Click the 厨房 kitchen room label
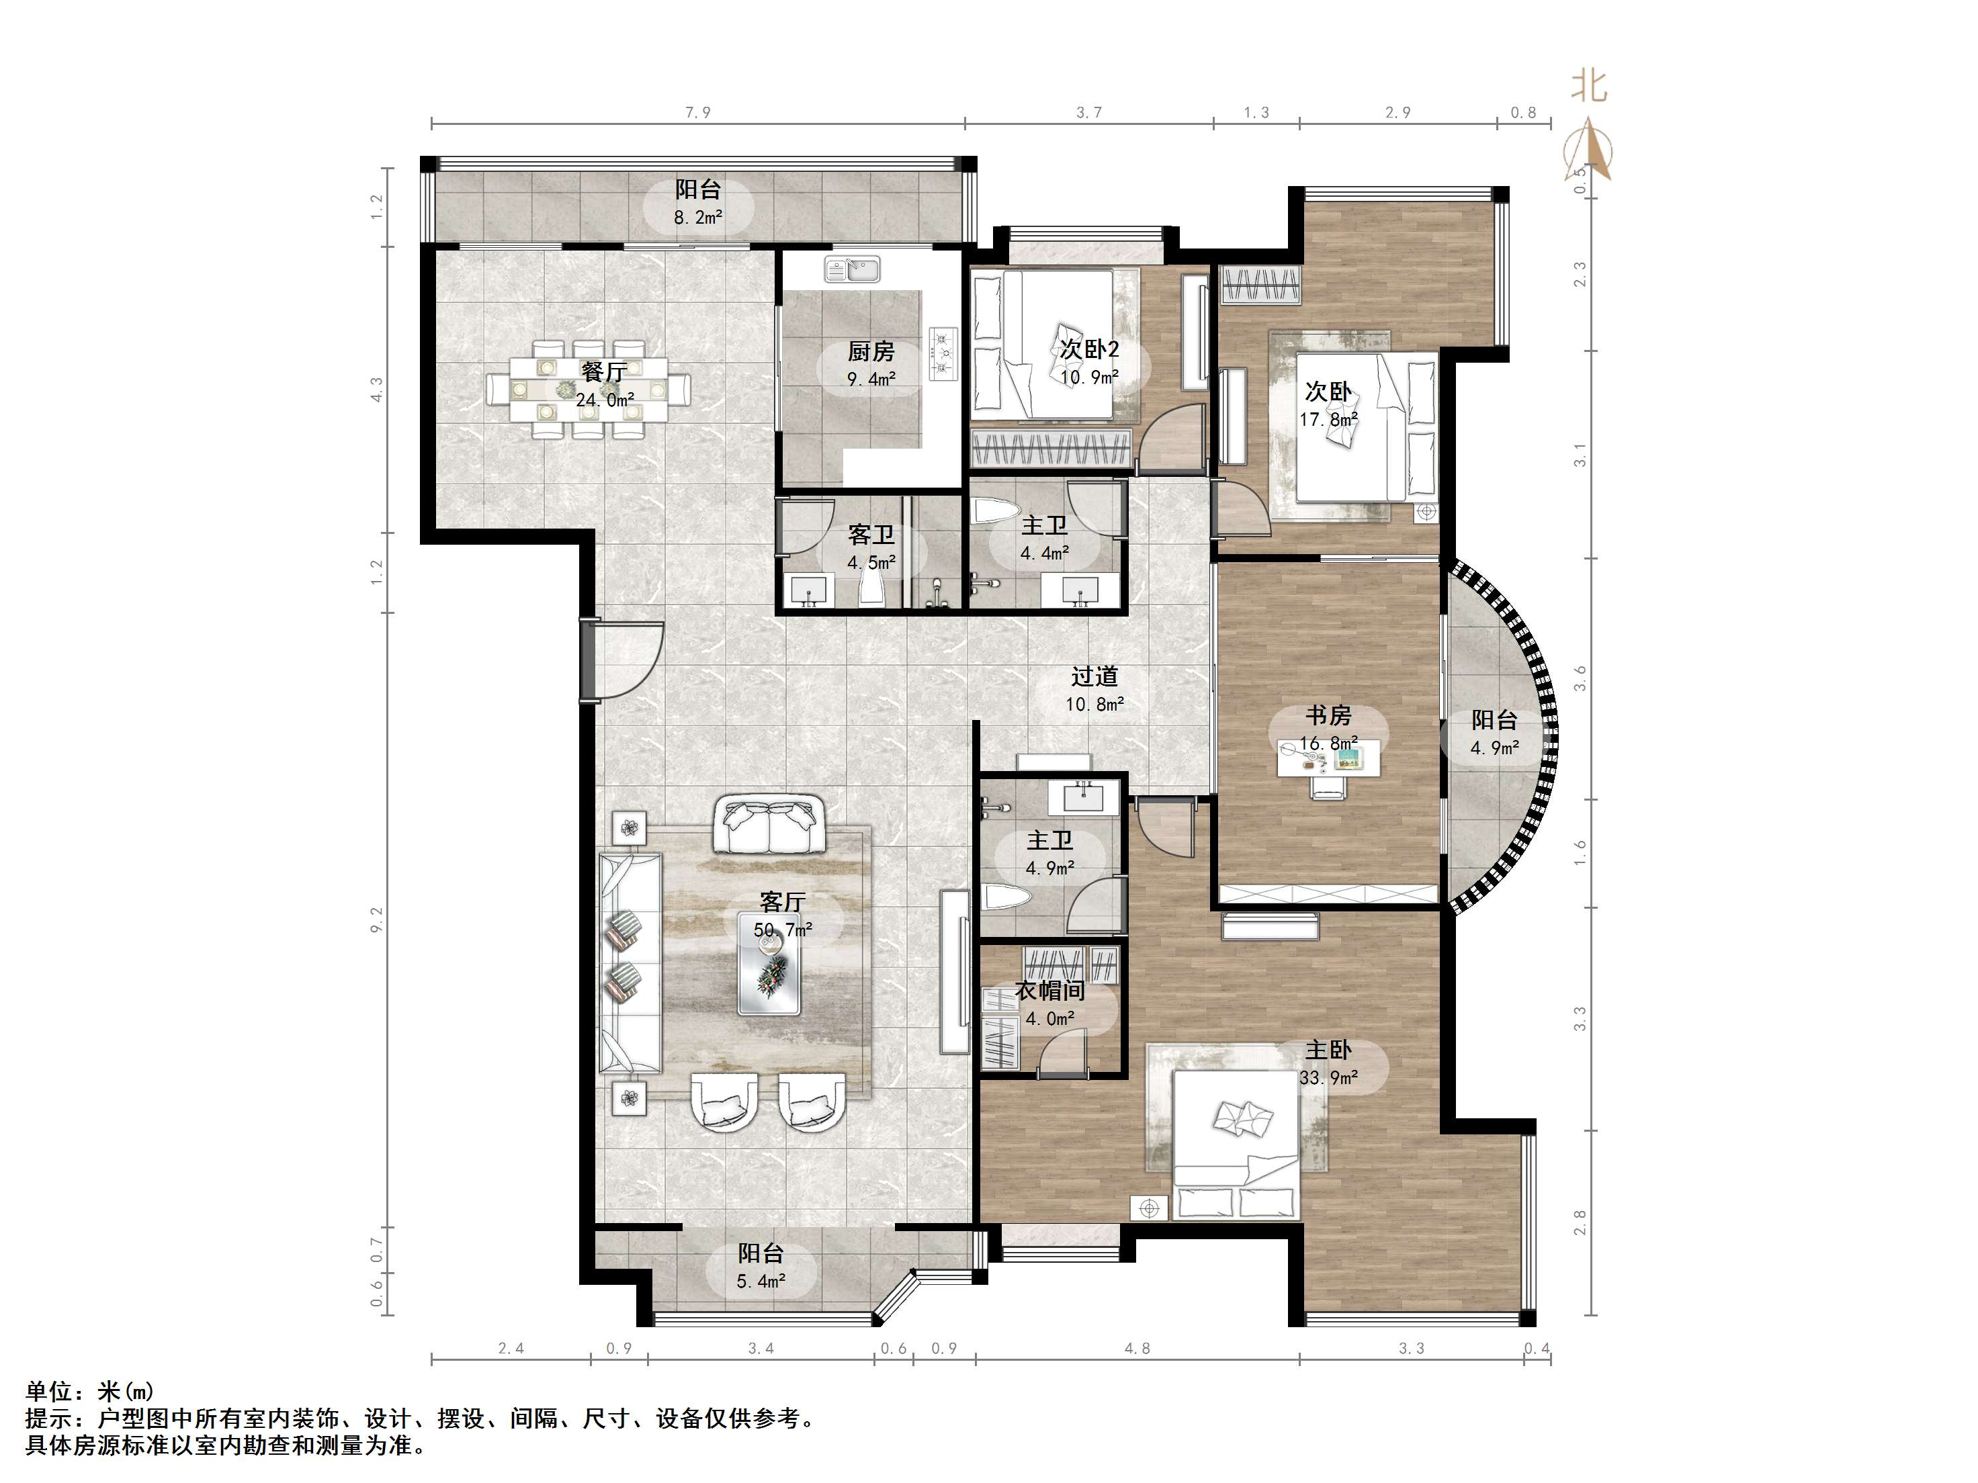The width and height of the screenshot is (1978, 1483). click(871, 352)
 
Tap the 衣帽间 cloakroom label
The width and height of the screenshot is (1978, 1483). click(1050, 991)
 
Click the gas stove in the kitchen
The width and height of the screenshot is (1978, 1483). click(943, 353)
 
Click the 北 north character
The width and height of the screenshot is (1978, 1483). click(1589, 87)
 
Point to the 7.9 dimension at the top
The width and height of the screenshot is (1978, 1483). click(697, 113)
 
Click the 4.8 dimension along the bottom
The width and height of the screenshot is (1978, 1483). click(1137, 1349)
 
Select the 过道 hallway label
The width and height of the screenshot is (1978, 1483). click(1094, 677)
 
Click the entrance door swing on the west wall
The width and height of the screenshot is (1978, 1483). click(626, 662)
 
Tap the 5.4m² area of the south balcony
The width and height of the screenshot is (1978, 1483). click(761, 1281)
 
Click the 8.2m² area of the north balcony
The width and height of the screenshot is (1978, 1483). click(698, 216)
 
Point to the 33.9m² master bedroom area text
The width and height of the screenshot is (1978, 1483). click(1329, 1078)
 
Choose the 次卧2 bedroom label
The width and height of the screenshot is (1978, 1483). click(1089, 349)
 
